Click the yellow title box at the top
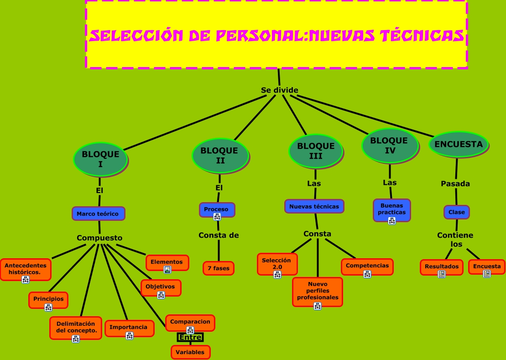(276, 34)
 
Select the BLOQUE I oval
(100, 159)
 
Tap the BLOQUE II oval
(220, 155)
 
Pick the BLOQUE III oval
(316, 151)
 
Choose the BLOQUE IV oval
(390, 145)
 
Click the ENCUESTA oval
(458, 145)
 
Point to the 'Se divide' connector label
(279, 90)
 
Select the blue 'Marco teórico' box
(98, 214)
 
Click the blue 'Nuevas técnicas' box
(314, 206)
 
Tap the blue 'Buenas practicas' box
(391, 210)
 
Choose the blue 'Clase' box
(456, 212)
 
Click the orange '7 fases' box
(219, 268)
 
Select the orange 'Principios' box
(48, 300)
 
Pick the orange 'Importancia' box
(129, 328)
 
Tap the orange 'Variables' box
(190, 352)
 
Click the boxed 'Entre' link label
(190, 338)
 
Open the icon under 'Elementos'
(167, 270)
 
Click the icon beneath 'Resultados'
(441, 274)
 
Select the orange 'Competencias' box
(367, 266)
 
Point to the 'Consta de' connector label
(219, 235)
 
